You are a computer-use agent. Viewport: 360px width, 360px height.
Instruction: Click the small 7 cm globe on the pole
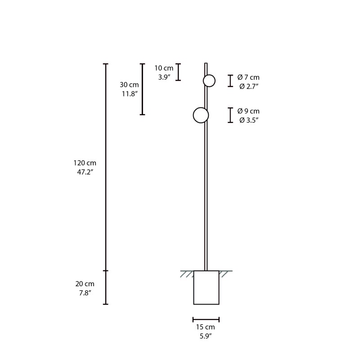(x=209, y=81)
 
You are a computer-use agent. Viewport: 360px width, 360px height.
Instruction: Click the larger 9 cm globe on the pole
(x=201, y=115)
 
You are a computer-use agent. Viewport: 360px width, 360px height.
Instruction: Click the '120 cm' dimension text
(x=85, y=163)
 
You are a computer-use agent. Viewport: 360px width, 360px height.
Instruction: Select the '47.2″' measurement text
(x=85, y=172)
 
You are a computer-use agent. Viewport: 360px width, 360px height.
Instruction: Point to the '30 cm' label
(x=129, y=85)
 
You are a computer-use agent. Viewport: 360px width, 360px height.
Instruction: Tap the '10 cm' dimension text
(x=164, y=68)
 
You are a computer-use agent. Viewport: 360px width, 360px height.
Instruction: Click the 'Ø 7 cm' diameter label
(x=248, y=77)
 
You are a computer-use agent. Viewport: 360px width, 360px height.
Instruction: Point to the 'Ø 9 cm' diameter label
(x=248, y=111)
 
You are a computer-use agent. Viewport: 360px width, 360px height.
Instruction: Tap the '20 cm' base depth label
(x=85, y=283)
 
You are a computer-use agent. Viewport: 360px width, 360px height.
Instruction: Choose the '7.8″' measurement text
(x=85, y=293)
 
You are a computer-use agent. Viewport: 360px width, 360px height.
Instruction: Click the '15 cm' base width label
(x=206, y=327)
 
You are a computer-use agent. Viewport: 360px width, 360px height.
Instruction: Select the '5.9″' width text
(x=206, y=336)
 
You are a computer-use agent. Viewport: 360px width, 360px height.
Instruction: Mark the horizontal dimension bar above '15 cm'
(x=206, y=319)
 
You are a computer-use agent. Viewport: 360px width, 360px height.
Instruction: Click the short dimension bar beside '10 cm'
(x=178, y=72)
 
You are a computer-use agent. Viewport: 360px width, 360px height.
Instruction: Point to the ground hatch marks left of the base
(x=187, y=273)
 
